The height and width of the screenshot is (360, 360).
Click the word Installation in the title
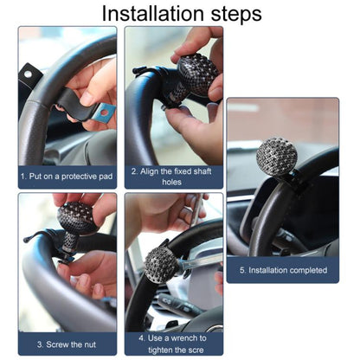[152, 13]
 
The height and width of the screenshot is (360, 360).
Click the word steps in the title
[236, 15]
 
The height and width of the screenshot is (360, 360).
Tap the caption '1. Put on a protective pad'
[67, 177]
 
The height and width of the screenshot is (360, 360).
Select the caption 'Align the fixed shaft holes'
[171, 177]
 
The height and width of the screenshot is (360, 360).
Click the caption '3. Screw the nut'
[67, 344]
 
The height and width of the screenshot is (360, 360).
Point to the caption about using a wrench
[172, 344]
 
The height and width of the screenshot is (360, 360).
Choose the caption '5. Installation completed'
[283, 270]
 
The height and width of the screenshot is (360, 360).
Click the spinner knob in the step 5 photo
[277, 157]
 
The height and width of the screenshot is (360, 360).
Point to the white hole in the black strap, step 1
[28, 74]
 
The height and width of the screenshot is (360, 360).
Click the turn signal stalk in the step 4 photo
[179, 305]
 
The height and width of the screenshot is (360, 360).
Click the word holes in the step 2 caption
[171, 182]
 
